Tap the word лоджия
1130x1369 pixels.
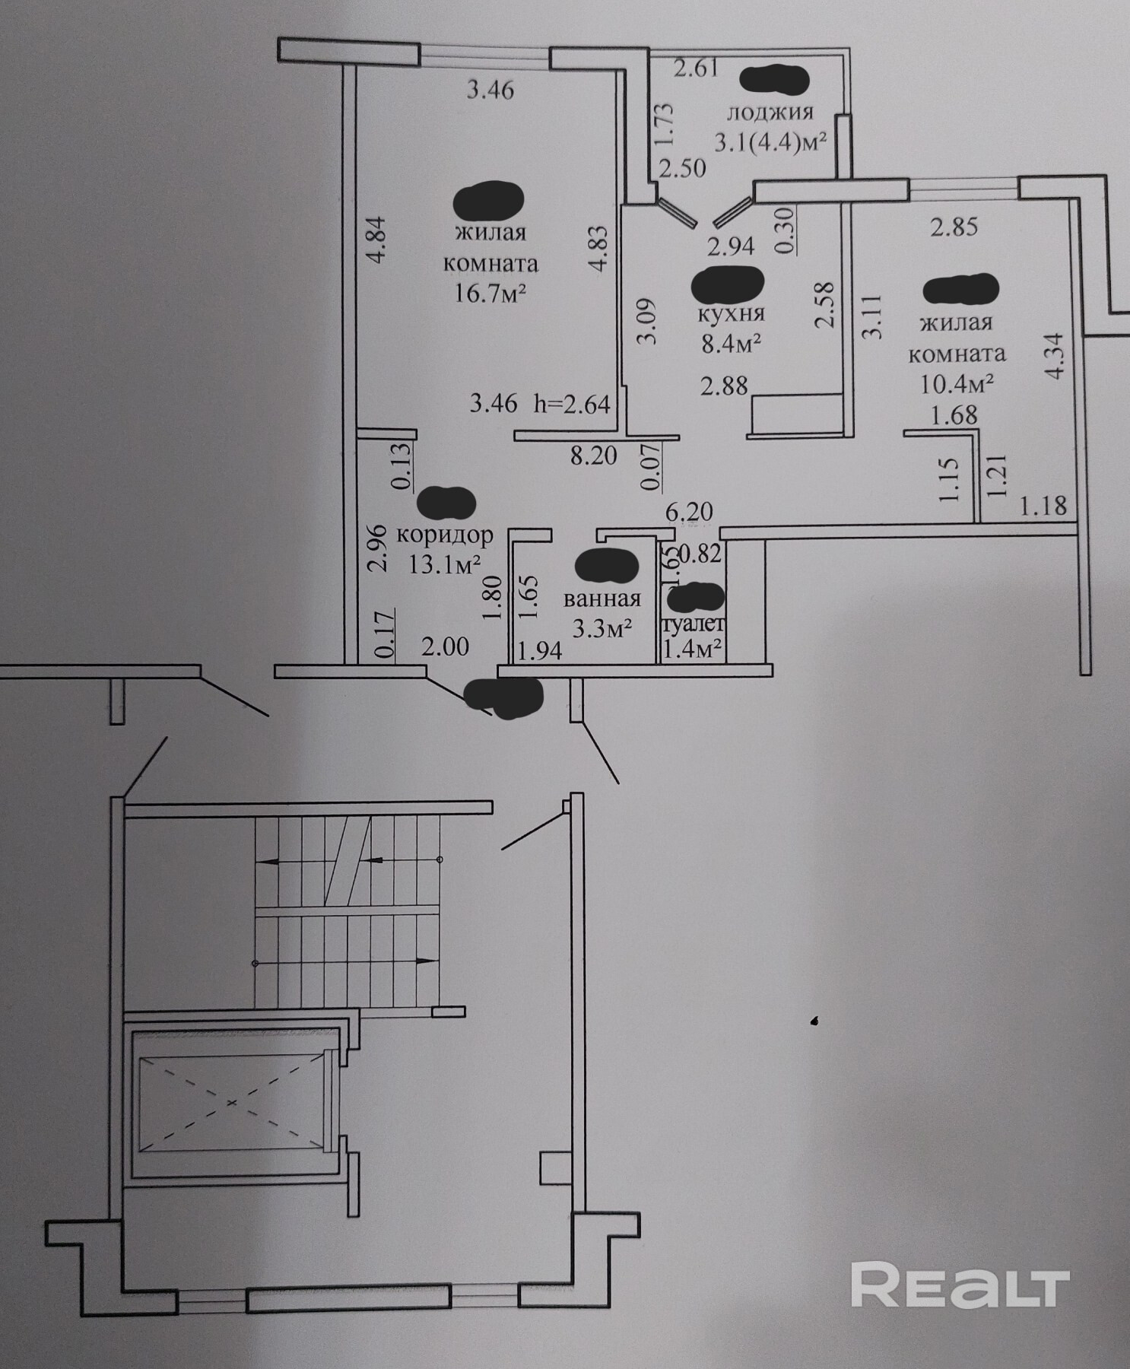pos(770,112)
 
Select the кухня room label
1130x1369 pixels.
pos(731,312)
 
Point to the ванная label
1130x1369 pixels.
pos(602,599)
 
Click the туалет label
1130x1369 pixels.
pos(694,626)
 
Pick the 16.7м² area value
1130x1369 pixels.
pos(490,293)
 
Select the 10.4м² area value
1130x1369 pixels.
pos(957,383)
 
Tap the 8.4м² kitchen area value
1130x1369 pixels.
pos(732,343)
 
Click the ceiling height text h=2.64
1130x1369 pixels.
pos(572,403)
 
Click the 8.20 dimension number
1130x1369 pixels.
pos(594,456)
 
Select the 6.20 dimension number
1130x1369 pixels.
pos(689,512)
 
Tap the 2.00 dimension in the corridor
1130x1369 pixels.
pos(445,646)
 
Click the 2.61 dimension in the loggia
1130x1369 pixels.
pos(696,68)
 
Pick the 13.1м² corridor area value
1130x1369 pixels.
pos(445,564)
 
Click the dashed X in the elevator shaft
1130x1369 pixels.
pos(231,1101)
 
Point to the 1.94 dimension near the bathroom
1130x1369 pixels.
pos(539,650)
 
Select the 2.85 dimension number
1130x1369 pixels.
pos(954,227)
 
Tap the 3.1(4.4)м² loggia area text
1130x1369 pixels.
pos(770,141)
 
